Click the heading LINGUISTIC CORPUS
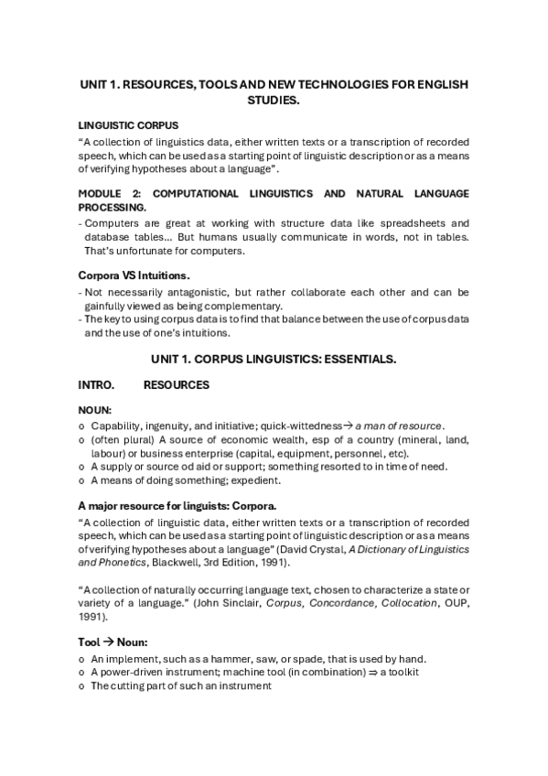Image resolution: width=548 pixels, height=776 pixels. click(128, 124)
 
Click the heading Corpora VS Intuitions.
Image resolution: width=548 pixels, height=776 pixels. click(135, 275)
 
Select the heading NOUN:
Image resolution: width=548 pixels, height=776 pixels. click(94, 412)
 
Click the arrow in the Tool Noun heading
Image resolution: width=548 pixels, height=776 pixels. click(106, 642)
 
